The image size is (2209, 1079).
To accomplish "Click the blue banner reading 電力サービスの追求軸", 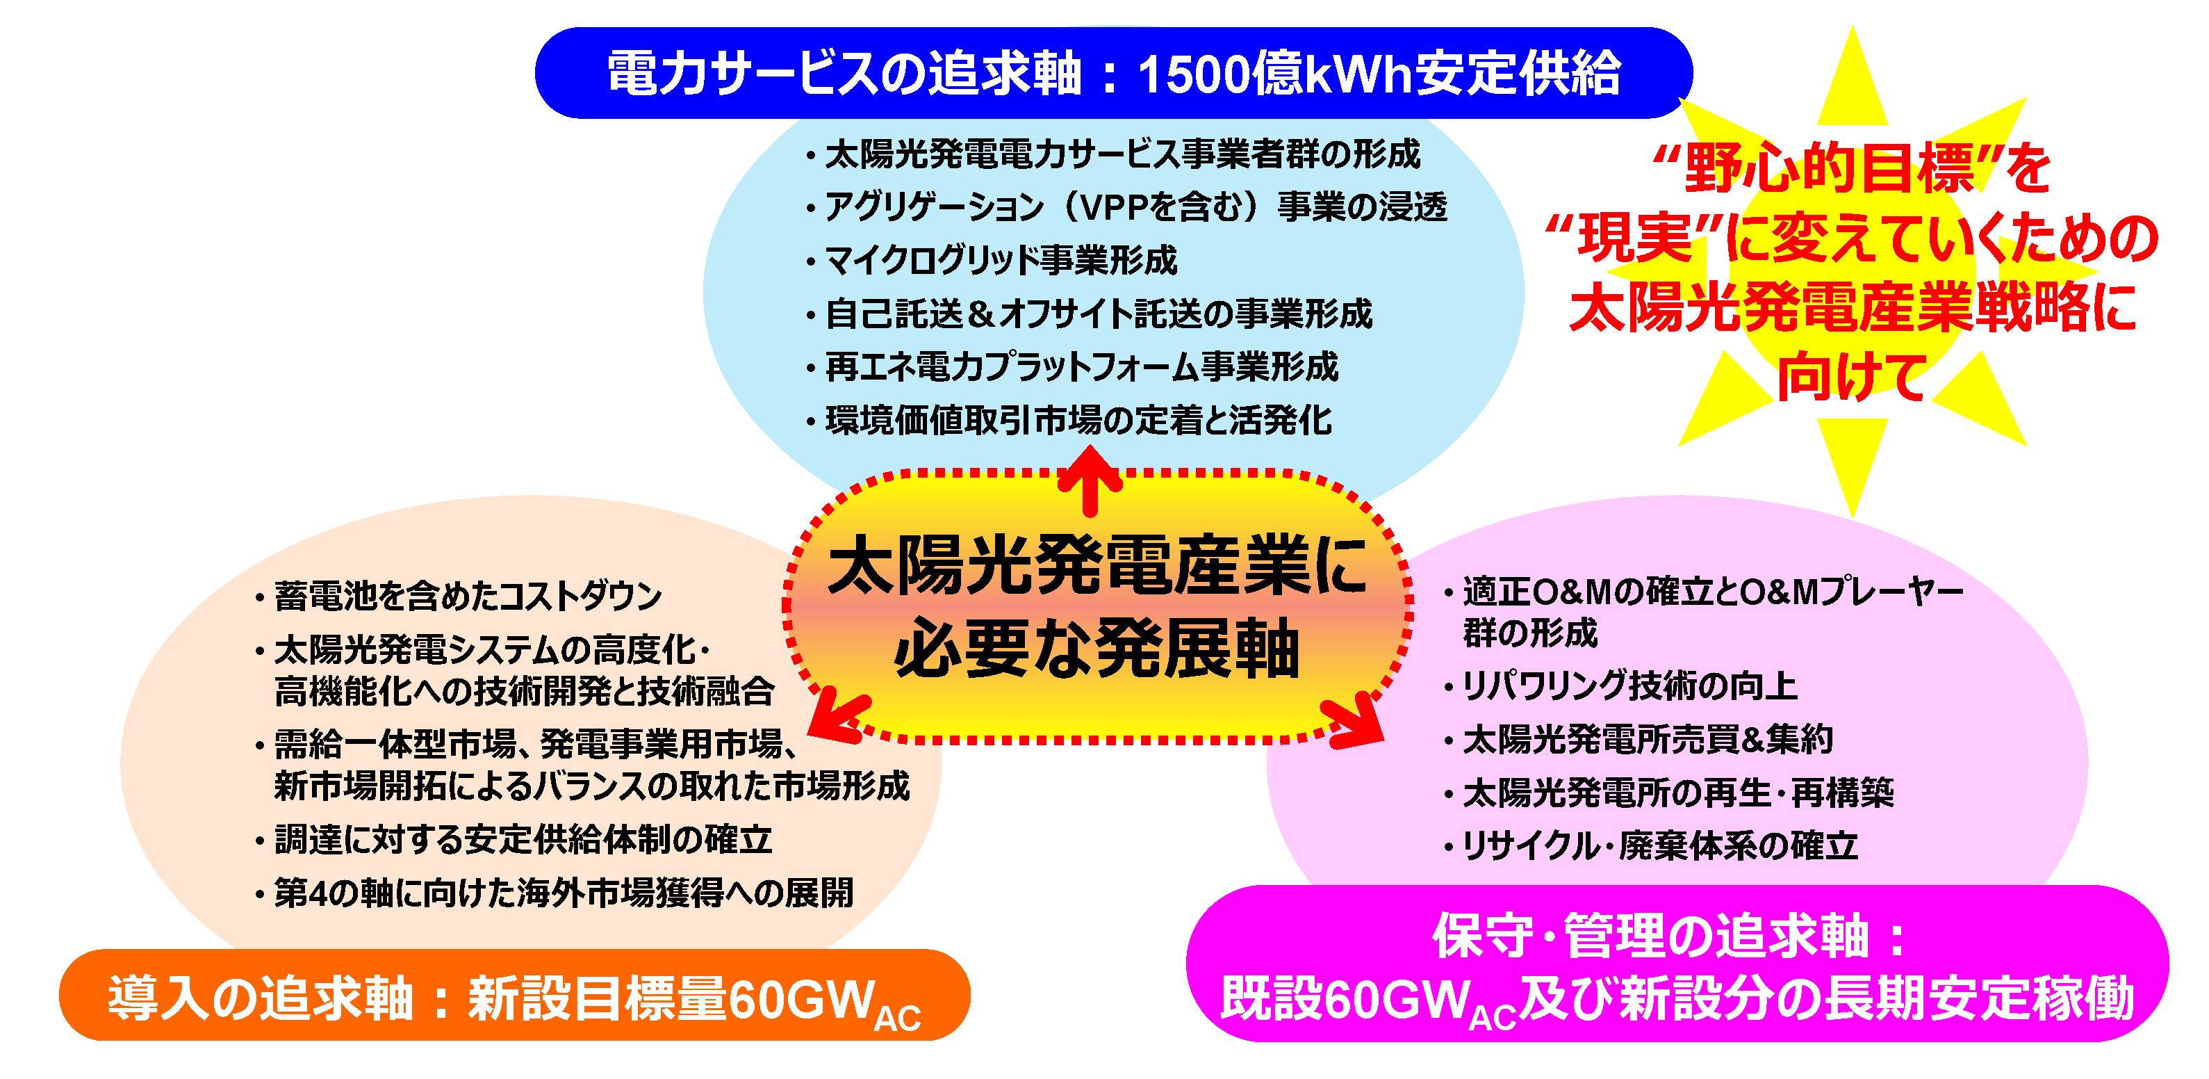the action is click(x=1113, y=73).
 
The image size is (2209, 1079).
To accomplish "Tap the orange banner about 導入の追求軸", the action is click(x=514, y=995).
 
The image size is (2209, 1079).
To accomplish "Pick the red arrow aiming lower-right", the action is click(x=1352, y=722).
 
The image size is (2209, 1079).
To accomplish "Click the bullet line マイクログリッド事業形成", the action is click(x=992, y=260).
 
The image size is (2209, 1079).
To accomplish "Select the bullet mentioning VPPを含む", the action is click(x=1126, y=206).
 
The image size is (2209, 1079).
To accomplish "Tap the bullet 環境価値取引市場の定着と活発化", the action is click(x=1069, y=421).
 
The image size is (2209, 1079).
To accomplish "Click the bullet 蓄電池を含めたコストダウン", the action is click(x=459, y=595).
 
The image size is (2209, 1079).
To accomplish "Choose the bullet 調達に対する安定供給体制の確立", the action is click(x=514, y=839).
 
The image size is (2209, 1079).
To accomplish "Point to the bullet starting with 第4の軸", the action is click(x=554, y=892).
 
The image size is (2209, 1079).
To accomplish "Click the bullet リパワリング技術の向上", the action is click(x=1620, y=686).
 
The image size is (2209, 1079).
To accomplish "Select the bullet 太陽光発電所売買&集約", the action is click(x=1638, y=739).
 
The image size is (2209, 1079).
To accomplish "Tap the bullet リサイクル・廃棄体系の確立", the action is click(x=1651, y=845).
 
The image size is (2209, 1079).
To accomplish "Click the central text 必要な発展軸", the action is click(x=1098, y=647).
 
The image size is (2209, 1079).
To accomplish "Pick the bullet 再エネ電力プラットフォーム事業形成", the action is click(x=1072, y=367).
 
